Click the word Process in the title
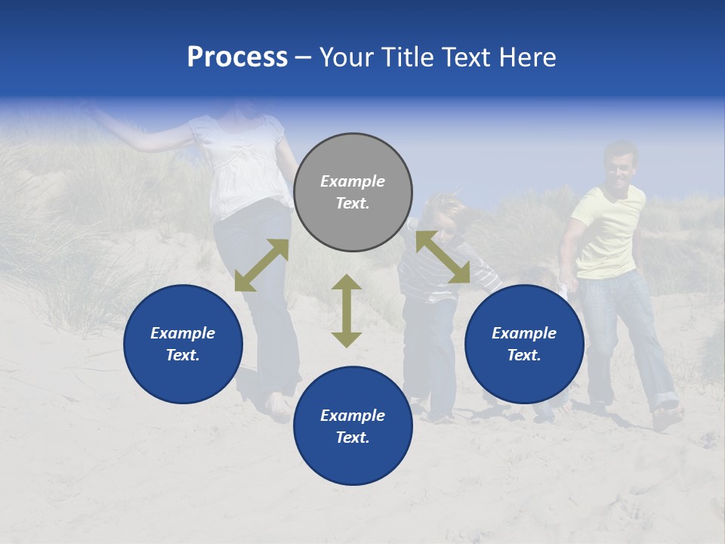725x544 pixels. tap(237, 57)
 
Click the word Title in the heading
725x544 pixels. tap(400, 57)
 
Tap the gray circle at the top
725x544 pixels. tap(353, 193)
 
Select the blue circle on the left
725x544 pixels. tap(183, 344)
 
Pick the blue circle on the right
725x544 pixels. tap(524, 344)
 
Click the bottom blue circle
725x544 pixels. tap(353, 425)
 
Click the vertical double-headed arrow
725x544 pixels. tap(347, 311)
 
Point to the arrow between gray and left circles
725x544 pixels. tap(261, 265)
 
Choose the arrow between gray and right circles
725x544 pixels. tap(443, 258)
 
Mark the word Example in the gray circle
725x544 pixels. tap(353, 181)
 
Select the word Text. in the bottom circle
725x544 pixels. tap(353, 437)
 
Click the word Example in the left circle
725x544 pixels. tap(183, 333)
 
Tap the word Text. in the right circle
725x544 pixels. tap(524, 355)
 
